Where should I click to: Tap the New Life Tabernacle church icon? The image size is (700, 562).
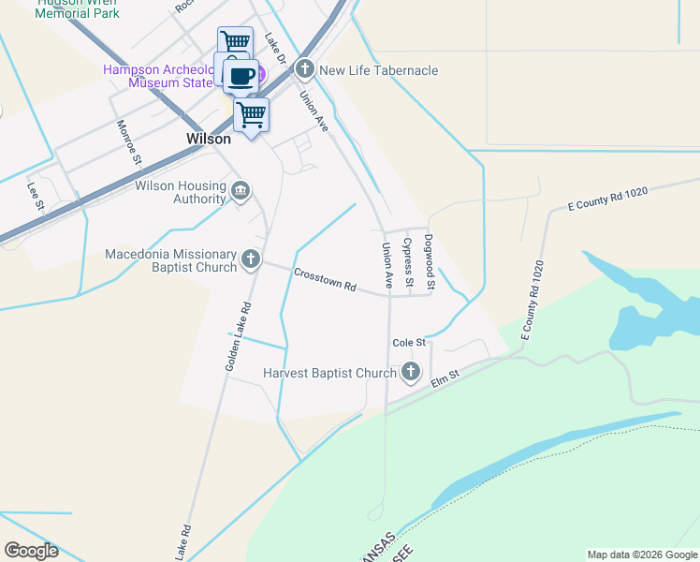[x=305, y=69]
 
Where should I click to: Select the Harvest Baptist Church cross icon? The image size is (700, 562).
[x=410, y=373]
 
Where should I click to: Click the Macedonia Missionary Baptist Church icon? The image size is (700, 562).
[x=250, y=259]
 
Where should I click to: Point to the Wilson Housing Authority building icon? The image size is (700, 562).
[x=241, y=192]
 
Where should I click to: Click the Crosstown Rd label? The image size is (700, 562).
[x=326, y=279]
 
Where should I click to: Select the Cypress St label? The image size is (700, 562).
[x=408, y=262]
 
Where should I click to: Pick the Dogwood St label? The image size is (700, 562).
[x=430, y=261]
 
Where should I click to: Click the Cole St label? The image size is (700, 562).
[x=409, y=343]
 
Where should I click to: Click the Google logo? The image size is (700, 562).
[x=31, y=551]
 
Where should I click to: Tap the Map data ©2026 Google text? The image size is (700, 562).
[x=641, y=555]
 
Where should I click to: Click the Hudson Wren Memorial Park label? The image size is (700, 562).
[x=78, y=11]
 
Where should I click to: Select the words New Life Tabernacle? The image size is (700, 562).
[x=379, y=70]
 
